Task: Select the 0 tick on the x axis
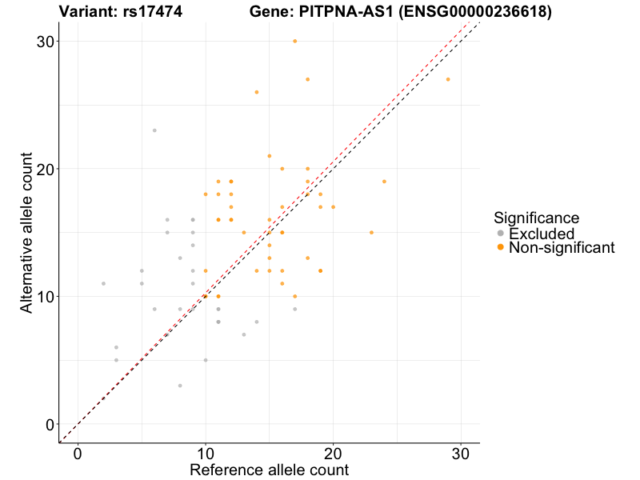(x=78, y=454)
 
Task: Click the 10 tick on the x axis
(x=206, y=454)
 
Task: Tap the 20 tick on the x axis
(x=333, y=454)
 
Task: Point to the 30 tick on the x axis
(x=461, y=454)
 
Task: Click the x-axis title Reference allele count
(x=269, y=470)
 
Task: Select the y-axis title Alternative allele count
(x=27, y=232)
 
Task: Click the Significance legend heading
(x=536, y=217)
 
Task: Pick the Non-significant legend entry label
(x=562, y=248)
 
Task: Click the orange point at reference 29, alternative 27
(x=448, y=79)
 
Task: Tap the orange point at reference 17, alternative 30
(x=295, y=41)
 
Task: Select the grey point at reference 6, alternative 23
(x=154, y=130)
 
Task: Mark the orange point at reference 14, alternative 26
(x=257, y=92)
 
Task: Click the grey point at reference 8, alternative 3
(x=180, y=386)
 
